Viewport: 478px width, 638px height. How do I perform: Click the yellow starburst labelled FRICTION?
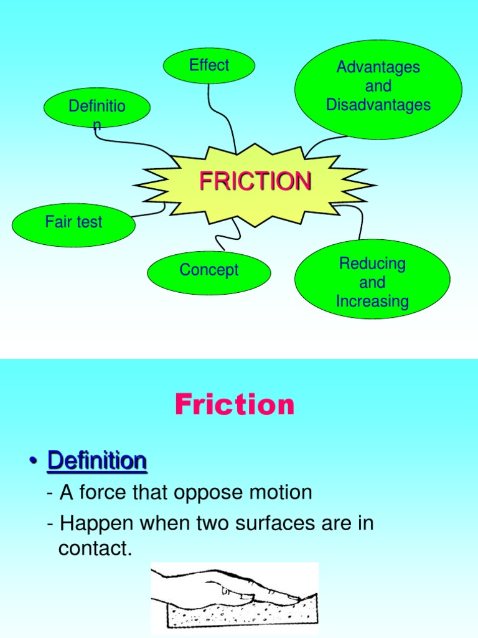pyautogui.click(x=255, y=182)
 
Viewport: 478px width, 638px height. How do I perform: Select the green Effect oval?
pyautogui.click(x=209, y=65)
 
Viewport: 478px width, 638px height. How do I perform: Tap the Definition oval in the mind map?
pyautogui.click(x=97, y=107)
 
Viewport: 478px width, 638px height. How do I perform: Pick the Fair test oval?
pyautogui.click(x=73, y=222)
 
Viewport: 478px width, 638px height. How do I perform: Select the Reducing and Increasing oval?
pyautogui.click(x=372, y=282)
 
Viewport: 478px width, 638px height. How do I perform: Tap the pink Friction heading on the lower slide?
pyautogui.click(x=235, y=405)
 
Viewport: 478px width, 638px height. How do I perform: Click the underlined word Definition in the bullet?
pyautogui.click(x=97, y=462)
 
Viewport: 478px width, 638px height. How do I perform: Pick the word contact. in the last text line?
pyautogui.click(x=95, y=548)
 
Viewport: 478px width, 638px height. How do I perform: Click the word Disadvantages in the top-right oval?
pyautogui.click(x=378, y=105)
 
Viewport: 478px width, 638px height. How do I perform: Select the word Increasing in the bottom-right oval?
pyautogui.click(x=372, y=302)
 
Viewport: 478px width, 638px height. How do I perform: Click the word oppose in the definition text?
pyautogui.click(x=205, y=493)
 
